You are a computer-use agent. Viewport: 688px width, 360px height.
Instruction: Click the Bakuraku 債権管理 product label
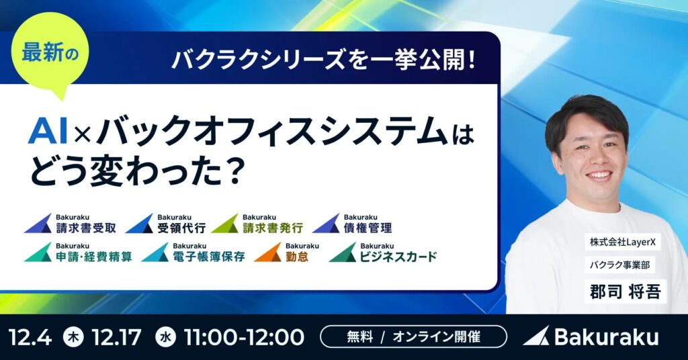click(x=352, y=224)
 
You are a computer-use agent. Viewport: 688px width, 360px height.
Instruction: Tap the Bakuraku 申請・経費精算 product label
click(x=79, y=253)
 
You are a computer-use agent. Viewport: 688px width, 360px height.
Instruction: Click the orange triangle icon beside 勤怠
click(x=267, y=253)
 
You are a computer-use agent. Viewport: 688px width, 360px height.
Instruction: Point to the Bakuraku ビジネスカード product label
click(x=383, y=253)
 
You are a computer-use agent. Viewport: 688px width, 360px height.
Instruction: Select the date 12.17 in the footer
click(x=118, y=336)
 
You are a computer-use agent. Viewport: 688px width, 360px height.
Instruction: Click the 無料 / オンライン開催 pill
click(x=413, y=336)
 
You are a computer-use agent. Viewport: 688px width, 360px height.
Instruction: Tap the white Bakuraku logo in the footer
click(x=591, y=336)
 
